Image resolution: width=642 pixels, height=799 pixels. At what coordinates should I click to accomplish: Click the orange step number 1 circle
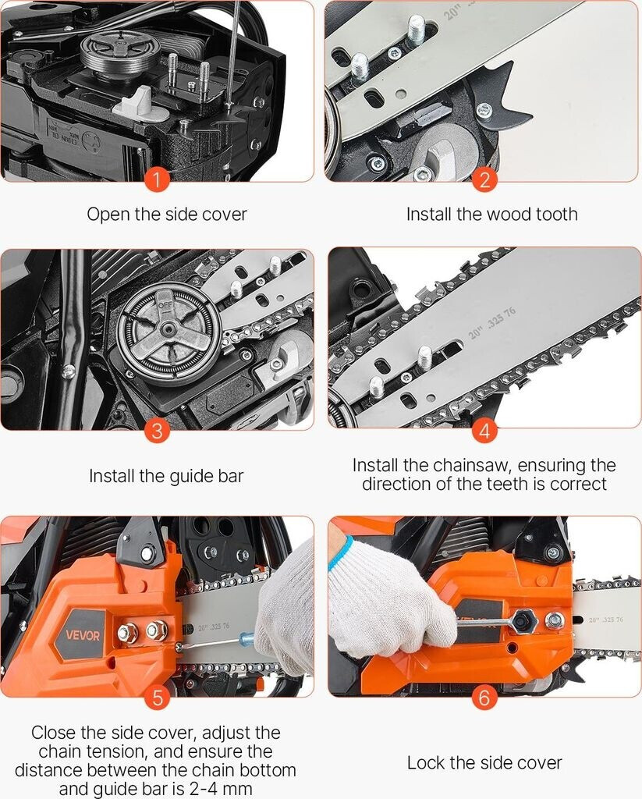(x=157, y=180)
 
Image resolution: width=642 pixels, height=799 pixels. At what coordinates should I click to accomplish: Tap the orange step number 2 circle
(x=484, y=180)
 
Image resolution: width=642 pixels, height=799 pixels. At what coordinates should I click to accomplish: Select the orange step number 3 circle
(x=157, y=431)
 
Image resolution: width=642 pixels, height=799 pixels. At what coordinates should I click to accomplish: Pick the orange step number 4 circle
(x=484, y=431)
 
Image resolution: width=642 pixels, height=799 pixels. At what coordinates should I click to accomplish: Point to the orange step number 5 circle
(x=157, y=697)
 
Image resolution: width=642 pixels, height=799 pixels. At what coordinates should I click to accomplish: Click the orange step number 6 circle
(x=484, y=697)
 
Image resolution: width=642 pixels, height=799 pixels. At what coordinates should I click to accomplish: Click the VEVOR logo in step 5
(x=83, y=635)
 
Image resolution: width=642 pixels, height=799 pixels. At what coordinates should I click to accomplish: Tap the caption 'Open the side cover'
(x=167, y=214)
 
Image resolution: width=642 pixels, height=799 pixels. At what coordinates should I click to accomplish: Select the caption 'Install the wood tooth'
(x=491, y=214)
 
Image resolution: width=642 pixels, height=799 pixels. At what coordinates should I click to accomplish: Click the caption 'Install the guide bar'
(x=166, y=477)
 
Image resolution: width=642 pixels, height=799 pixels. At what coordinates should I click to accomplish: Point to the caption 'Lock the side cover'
(x=484, y=763)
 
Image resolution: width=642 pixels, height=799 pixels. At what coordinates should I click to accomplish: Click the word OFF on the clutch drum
(x=166, y=306)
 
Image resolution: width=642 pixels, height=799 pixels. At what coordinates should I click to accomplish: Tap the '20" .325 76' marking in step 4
(x=492, y=323)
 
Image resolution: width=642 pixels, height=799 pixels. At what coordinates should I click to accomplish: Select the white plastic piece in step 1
(x=137, y=102)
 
